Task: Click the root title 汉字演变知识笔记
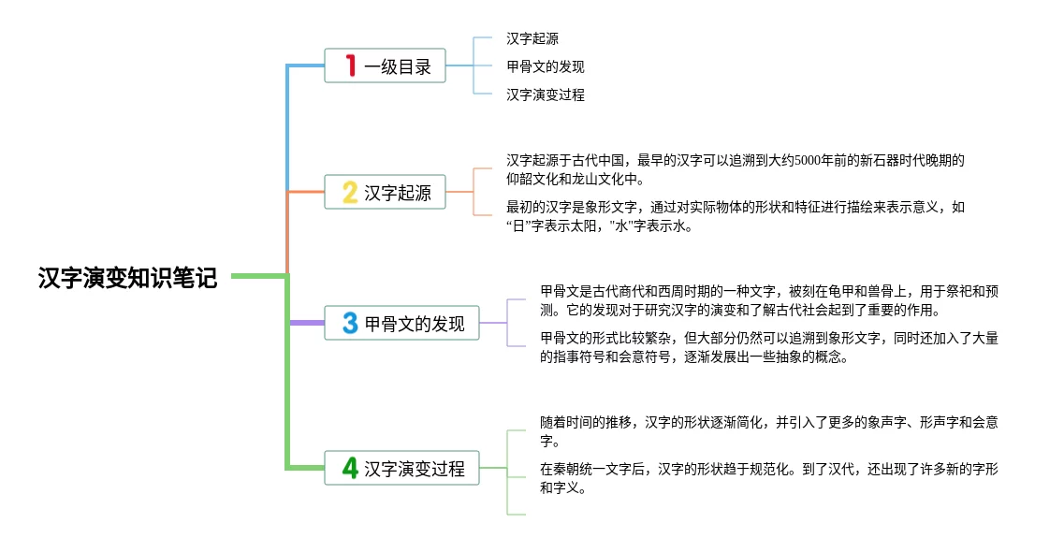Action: [127, 278]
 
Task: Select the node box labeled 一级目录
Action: [385, 65]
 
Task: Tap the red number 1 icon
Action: [351, 65]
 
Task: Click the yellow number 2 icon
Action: [350, 192]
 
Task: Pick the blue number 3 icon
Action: [350, 323]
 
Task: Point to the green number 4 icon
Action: [350, 468]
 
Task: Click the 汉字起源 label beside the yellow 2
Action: [398, 193]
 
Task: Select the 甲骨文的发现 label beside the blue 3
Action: [415, 324]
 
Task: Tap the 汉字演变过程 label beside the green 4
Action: [415, 468]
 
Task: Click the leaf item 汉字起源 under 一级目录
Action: [532, 38]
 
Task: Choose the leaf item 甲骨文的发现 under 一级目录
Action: [546, 66]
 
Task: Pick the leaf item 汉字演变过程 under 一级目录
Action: [546, 95]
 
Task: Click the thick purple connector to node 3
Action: [307, 323]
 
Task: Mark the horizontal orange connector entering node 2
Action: [306, 192]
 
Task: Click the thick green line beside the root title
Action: [259, 276]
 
